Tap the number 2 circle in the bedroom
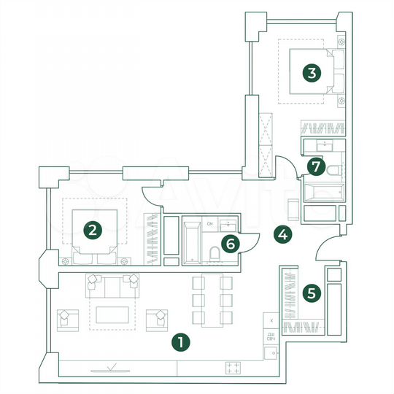pos(91,230)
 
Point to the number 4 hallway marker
pos(283,234)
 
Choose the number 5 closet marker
pos(312,293)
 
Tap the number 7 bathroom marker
pos(314,166)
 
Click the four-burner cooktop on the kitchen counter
pos(234,368)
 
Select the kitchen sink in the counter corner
pos(271,352)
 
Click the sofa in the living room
pos(112,287)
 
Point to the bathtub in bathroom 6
pos(192,240)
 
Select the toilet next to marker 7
pos(333,171)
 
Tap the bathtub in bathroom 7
pos(320,193)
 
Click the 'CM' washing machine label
pos(209,223)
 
